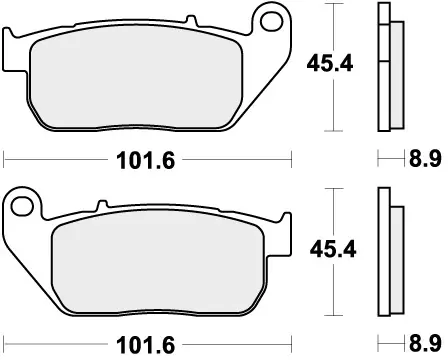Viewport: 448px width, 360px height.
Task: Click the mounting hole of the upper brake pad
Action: pos(268,20)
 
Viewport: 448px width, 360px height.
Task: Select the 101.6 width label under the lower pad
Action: pos(147,342)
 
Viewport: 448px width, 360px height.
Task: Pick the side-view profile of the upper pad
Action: pos(388,68)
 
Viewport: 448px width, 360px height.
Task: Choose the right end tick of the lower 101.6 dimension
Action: pos(291,342)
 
